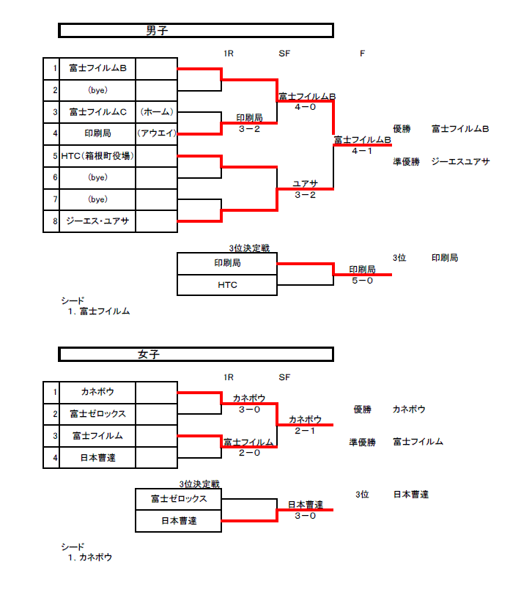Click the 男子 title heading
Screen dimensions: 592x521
coord(158,30)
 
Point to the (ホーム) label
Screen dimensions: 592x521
coord(157,112)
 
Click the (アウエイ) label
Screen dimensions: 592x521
coord(157,133)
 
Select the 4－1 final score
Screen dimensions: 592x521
coord(362,151)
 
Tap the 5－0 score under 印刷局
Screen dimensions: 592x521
coord(362,280)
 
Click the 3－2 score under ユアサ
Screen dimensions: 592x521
coord(305,195)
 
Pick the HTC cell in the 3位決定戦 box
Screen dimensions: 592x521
coord(227,285)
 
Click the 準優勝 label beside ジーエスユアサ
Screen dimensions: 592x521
coord(406,161)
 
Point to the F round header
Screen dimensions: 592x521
coord(362,53)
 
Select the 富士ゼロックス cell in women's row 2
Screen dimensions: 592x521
coord(97,414)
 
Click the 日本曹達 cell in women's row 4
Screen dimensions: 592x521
coord(97,458)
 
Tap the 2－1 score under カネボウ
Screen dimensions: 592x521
coord(305,431)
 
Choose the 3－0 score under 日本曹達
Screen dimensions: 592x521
coord(305,516)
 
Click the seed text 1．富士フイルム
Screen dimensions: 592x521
coord(98,311)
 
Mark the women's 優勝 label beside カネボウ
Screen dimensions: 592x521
coord(362,410)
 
